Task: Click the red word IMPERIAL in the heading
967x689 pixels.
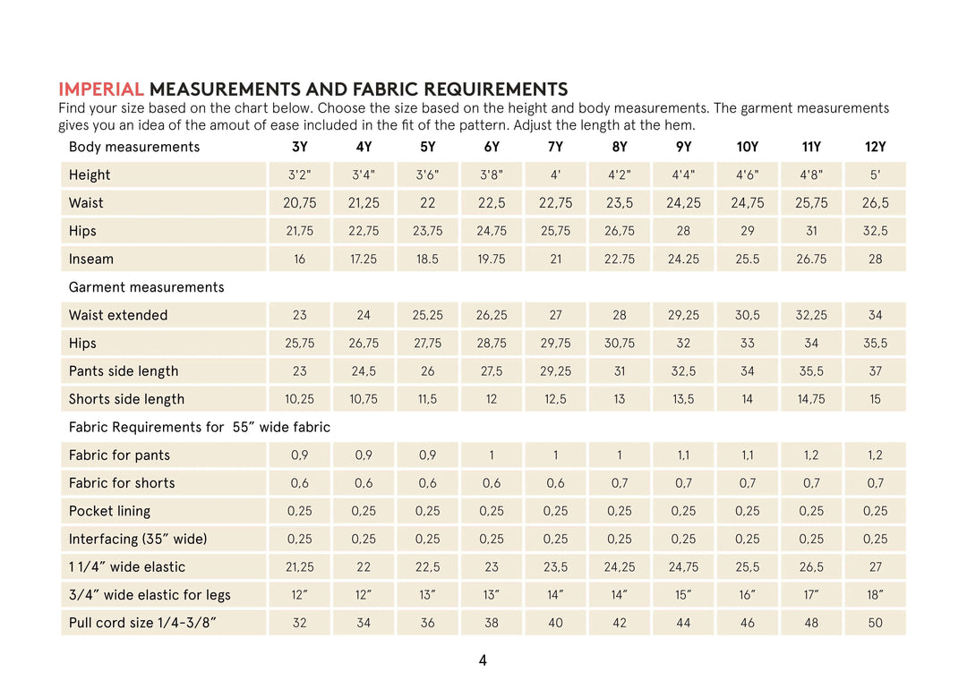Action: tap(100, 89)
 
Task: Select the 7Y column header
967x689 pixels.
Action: tap(555, 147)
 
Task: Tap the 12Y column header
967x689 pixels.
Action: tap(875, 147)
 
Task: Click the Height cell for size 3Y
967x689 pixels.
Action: tap(299, 175)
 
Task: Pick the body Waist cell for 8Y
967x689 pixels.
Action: tap(620, 203)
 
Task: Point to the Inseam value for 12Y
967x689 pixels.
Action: tap(875, 259)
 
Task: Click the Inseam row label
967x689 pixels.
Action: tap(91, 259)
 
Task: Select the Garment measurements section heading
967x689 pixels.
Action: tap(146, 287)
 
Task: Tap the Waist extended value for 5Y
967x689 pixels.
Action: tap(427, 316)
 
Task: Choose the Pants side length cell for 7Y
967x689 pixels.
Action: tap(555, 371)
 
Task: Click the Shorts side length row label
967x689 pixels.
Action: tap(126, 399)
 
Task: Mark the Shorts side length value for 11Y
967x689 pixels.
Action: tap(811, 399)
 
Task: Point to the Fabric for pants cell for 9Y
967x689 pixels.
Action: tap(683, 455)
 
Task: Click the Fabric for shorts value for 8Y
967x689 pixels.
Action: tap(620, 483)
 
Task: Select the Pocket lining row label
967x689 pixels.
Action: tap(109, 511)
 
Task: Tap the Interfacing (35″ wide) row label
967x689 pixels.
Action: tap(138, 539)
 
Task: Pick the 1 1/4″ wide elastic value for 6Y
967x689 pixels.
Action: tap(492, 567)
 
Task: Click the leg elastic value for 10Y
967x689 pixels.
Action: tap(748, 595)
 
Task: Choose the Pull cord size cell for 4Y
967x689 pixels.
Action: tap(364, 623)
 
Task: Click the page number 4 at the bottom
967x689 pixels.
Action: tap(483, 661)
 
